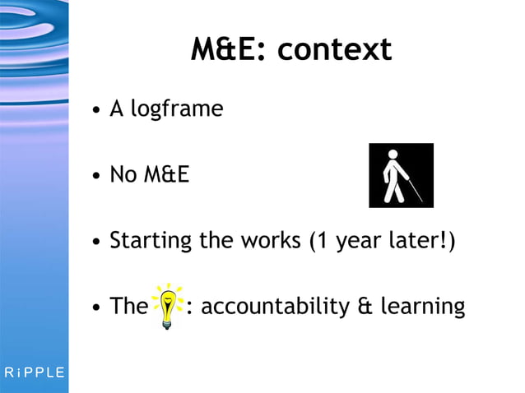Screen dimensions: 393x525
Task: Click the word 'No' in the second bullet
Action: (123, 175)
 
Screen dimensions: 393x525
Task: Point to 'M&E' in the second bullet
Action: (166, 175)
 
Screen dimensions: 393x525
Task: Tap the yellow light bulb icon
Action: (168, 306)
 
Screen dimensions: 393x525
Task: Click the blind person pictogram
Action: (400, 175)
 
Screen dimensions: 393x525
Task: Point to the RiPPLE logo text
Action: (34, 372)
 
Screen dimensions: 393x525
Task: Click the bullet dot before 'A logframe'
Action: (96, 110)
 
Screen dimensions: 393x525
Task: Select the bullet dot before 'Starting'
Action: (96, 243)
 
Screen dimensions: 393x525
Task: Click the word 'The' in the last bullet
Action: (128, 307)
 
